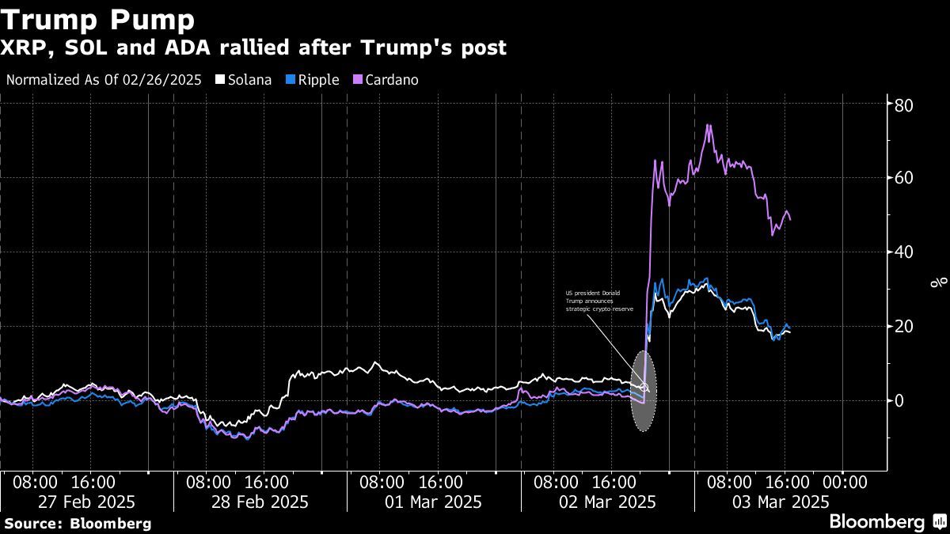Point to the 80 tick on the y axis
click(905, 104)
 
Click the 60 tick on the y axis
click(905, 178)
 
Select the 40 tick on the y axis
click(905, 252)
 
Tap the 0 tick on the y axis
click(899, 400)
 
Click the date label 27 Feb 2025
click(86, 502)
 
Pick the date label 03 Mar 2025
click(781, 502)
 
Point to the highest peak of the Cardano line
click(709, 126)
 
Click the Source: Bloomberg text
click(78, 523)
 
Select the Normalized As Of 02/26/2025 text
click(104, 80)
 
